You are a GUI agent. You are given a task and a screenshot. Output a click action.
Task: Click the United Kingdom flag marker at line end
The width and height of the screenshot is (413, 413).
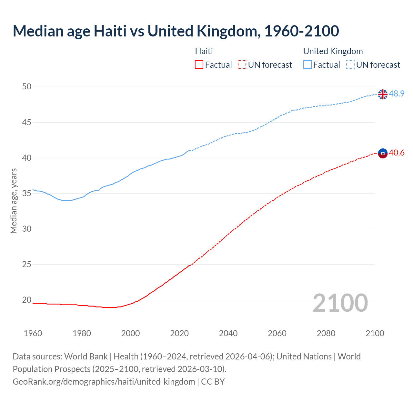coord(383,94)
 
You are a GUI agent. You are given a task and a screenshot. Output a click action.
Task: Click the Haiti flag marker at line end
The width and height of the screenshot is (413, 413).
coord(383,153)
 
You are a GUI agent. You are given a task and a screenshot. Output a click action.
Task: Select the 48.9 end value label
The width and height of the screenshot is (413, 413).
coord(397,94)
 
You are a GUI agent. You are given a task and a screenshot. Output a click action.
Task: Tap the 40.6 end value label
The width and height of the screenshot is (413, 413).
coord(397,153)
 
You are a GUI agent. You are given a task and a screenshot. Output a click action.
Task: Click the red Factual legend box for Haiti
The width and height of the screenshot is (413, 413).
coord(199,65)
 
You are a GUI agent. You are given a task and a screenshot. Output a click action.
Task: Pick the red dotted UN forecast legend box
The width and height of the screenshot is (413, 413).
coord(242,65)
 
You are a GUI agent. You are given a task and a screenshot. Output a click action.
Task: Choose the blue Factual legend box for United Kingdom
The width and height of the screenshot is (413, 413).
coord(307,65)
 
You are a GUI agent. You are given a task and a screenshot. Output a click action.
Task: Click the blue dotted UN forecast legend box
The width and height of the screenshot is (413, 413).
coord(350,65)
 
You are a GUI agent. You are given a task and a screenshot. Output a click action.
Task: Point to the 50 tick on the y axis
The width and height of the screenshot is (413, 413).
coord(27,86)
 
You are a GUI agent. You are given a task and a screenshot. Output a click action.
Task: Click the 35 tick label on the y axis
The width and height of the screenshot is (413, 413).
coord(27,193)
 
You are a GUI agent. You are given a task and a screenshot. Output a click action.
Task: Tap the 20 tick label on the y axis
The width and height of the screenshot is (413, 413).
coord(27,300)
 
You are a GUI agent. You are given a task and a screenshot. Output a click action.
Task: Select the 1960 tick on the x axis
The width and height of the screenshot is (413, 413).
coord(33,333)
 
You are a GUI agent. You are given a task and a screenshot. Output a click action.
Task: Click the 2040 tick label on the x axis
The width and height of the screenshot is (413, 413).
coord(228,333)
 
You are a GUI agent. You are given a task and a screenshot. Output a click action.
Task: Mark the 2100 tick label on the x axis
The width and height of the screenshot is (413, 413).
coord(375,333)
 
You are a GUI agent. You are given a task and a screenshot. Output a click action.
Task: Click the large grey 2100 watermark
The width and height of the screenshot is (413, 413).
coord(340,303)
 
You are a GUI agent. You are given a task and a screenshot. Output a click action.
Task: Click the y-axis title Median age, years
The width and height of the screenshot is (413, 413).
coord(14,201)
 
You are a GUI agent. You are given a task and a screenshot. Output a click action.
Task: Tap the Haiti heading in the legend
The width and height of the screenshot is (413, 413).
coord(204,51)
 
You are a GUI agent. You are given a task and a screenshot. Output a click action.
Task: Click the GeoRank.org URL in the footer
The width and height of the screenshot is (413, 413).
coord(104,381)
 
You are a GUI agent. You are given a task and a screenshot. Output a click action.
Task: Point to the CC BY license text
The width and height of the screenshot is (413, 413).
coord(213,381)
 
